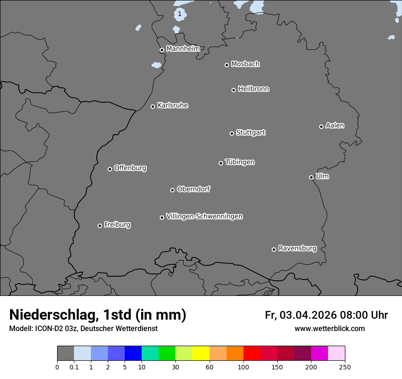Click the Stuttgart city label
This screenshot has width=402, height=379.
click(x=250, y=133)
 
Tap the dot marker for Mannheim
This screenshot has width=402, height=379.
click(x=162, y=50)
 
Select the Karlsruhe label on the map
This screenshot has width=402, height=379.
click(x=173, y=106)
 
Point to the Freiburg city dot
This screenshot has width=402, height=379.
click(x=100, y=226)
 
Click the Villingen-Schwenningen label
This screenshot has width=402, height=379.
click(x=204, y=216)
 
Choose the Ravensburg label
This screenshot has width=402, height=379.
click(x=297, y=249)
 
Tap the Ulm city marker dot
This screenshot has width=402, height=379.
click(x=311, y=177)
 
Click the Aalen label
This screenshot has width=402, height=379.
click(x=335, y=126)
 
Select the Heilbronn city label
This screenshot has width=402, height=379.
click(x=254, y=89)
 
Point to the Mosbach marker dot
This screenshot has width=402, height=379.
click(x=227, y=65)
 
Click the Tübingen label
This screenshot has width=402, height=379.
click(x=240, y=162)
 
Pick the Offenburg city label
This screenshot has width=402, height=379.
click(x=130, y=168)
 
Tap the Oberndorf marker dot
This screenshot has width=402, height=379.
click(x=172, y=190)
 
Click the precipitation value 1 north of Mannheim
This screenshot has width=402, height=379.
click(x=180, y=14)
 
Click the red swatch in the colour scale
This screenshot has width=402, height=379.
click(x=252, y=353)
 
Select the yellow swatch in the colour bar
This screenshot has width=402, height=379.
click(x=201, y=353)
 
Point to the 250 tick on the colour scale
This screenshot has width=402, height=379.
click(x=345, y=367)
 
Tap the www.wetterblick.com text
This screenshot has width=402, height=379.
click(x=329, y=329)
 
